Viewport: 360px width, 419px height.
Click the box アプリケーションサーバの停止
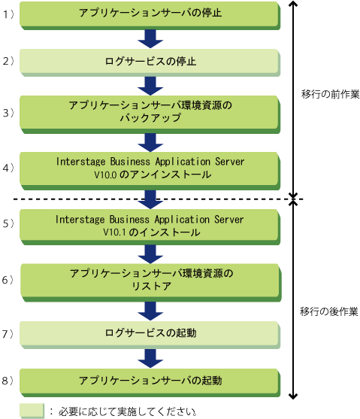tap(150, 16)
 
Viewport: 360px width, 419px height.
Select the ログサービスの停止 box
tap(150, 62)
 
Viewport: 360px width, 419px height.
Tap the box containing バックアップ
tap(150, 114)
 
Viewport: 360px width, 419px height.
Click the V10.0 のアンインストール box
tap(150, 171)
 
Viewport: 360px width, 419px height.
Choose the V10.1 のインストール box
tap(150, 227)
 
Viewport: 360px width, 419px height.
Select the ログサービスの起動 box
tap(150, 335)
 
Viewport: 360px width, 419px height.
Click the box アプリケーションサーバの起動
tap(150, 383)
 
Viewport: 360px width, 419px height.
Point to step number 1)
tap(8, 14)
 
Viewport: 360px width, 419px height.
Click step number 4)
tap(8, 168)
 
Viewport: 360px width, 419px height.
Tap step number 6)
tap(8, 280)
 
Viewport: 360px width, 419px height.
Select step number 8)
tap(8, 381)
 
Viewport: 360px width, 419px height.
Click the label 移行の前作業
tap(331, 94)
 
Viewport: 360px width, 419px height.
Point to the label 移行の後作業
tap(328, 311)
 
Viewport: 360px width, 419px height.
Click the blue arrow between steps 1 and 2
tap(150, 39)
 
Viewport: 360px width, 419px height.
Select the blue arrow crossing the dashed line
tap(150, 199)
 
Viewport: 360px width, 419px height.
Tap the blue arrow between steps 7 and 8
tap(150, 358)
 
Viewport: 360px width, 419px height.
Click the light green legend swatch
tap(32, 411)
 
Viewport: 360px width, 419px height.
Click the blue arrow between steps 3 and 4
tap(150, 143)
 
